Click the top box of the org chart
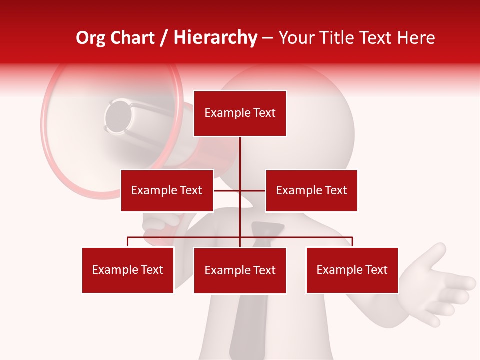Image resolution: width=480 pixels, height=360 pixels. click(x=240, y=113)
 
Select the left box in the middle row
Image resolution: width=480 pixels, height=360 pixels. click(x=167, y=190)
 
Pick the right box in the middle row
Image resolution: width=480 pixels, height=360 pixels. click(x=311, y=190)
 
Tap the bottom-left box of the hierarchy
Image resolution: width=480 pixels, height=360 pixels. click(x=128, y=270)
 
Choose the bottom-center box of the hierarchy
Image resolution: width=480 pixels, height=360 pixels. click(x=240, y=270)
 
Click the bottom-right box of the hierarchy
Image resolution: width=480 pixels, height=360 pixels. click(x=352, y=270)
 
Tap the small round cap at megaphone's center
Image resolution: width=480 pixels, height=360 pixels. click(x=119, y=116)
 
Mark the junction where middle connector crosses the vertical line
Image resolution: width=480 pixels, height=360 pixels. click(x=240, y=190)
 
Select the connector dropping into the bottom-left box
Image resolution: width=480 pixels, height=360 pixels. click(x=128, y=242)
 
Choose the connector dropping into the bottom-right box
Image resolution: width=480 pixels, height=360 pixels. click(x=352, y=242)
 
